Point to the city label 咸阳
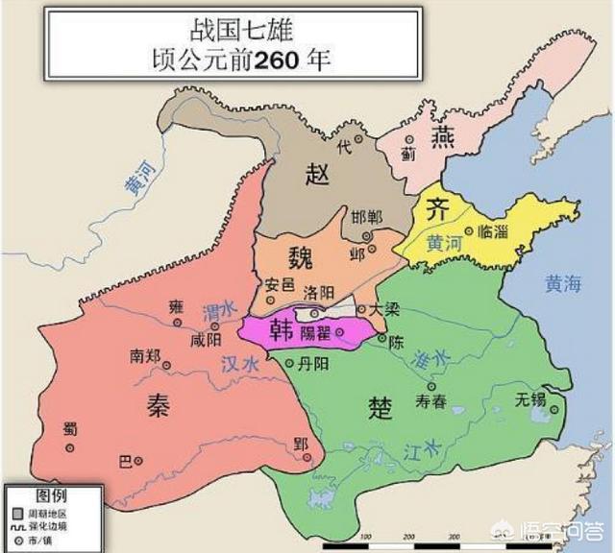coord(206,339)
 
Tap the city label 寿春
coord(430,401)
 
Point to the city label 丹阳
coord(318,363)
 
